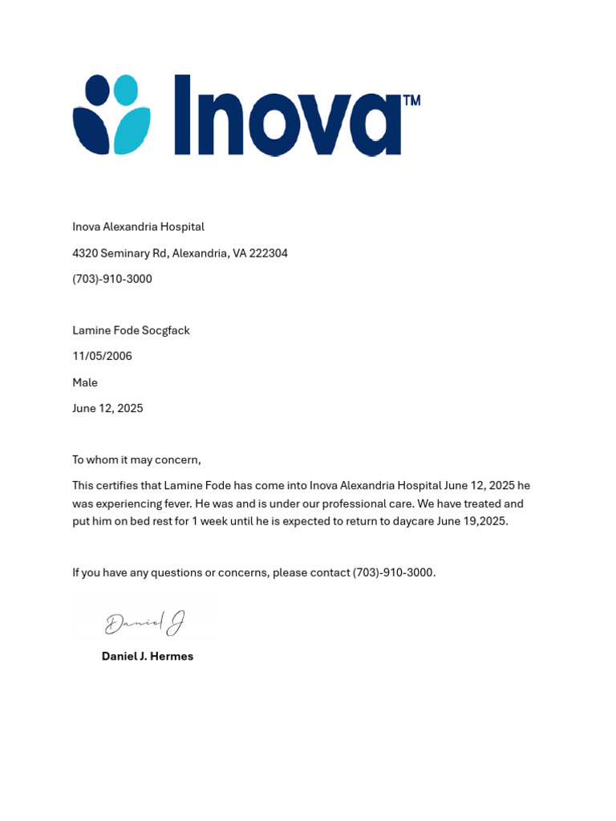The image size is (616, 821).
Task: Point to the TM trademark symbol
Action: point(411,101)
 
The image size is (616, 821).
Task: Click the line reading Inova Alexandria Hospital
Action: point(138,227)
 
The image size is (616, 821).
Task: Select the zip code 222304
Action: point(269,253)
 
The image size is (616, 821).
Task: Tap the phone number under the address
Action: point(112,279)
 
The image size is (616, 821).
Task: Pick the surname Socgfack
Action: point(165,330)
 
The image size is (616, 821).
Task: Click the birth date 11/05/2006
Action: point(102,356)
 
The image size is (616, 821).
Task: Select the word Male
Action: point(85,382)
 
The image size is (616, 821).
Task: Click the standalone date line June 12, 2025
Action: point(107,408)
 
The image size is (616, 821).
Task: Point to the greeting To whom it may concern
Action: point(136,459)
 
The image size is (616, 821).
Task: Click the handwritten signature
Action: point(145,623)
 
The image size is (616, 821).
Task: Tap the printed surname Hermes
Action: point(172,656)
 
